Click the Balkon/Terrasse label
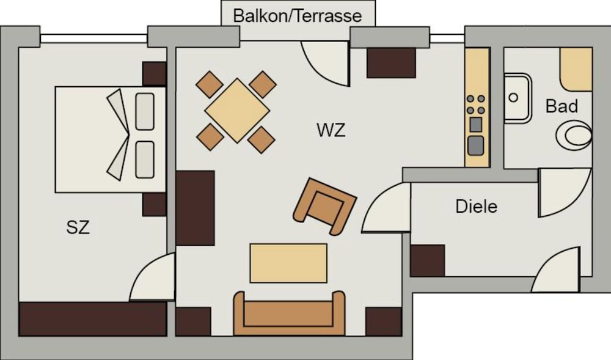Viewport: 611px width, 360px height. [298, 15]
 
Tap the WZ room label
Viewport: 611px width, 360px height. [331, 130]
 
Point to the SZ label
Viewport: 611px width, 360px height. [78, 227]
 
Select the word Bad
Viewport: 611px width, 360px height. [561, 106]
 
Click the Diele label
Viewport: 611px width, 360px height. [476, 206]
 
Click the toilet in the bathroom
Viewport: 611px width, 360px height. [574, 135]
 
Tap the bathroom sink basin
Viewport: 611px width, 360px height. [518, 98]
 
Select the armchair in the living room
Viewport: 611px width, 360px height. [324, 206]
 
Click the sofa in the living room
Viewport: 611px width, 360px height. [289, 313]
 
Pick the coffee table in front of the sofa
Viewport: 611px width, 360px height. [288, 263]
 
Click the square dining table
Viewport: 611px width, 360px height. [237, 110]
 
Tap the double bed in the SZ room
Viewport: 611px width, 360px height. [111, 139]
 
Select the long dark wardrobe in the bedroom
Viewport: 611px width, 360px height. [93, 318]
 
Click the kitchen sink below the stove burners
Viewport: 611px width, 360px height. [476, 145]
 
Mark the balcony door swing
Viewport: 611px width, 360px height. [326, 63]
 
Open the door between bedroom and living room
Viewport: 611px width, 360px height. [152, 277]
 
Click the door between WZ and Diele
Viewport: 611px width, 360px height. [386, 208]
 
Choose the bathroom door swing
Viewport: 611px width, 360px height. [565, 193]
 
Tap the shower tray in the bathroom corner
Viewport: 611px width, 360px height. [576, 69]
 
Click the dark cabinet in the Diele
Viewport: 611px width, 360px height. [428, 260]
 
